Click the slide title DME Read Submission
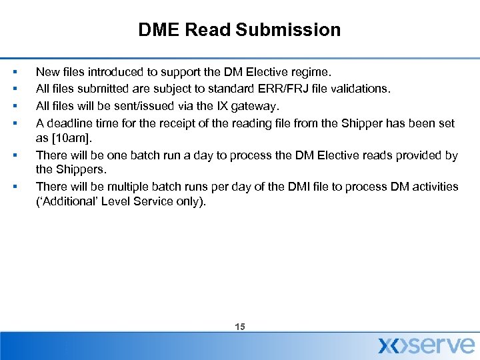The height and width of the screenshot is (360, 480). pos(239,30)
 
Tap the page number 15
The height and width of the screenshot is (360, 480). pos(240,327)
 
